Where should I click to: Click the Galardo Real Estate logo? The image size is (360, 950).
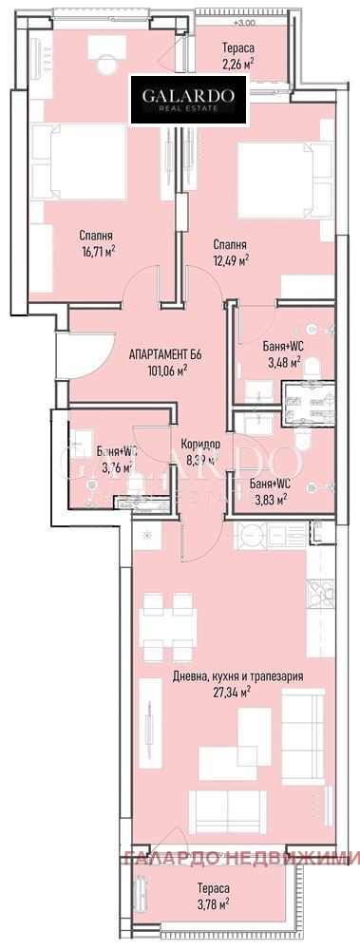(189, 102)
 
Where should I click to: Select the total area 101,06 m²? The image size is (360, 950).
(165, 370)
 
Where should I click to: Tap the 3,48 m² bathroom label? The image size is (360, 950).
(282, 362)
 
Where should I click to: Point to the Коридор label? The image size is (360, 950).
(199, 444)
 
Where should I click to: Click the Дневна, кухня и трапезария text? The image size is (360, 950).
(244, 677)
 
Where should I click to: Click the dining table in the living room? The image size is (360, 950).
(168, 625)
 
